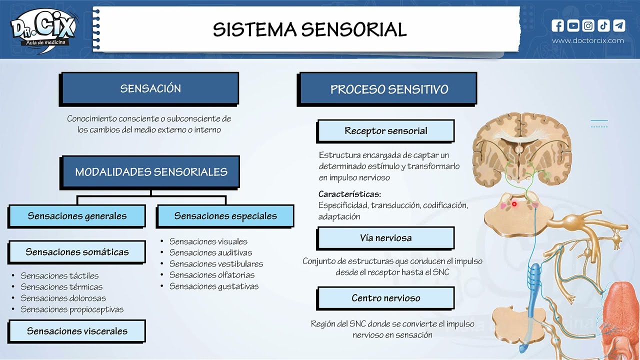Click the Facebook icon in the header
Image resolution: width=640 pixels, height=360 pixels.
557,25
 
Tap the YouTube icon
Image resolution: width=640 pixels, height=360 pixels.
573,25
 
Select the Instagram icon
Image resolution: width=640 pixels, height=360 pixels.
588,25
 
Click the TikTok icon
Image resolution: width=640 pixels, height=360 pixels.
603,25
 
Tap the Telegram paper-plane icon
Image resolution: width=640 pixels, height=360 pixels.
619,25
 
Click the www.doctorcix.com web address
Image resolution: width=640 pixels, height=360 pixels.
588,40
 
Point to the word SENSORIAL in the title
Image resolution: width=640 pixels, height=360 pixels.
354,30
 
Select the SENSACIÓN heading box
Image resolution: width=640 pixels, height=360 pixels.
150,88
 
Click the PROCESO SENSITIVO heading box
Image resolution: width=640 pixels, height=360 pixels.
388,89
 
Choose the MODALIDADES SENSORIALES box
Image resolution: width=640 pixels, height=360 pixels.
151,172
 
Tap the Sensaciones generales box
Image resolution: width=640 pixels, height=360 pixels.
77,216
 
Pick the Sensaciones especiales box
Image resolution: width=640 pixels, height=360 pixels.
225,216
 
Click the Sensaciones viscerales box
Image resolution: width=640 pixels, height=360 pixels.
77,331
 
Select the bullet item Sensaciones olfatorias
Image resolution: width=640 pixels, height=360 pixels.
212,275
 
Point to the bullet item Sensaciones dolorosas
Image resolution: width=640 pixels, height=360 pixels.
63,298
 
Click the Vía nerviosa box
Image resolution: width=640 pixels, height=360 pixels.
385,238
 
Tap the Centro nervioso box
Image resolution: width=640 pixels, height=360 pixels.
385,298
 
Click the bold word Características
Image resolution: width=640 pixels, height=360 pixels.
349,194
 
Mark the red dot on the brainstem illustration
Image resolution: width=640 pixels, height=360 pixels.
514,204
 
